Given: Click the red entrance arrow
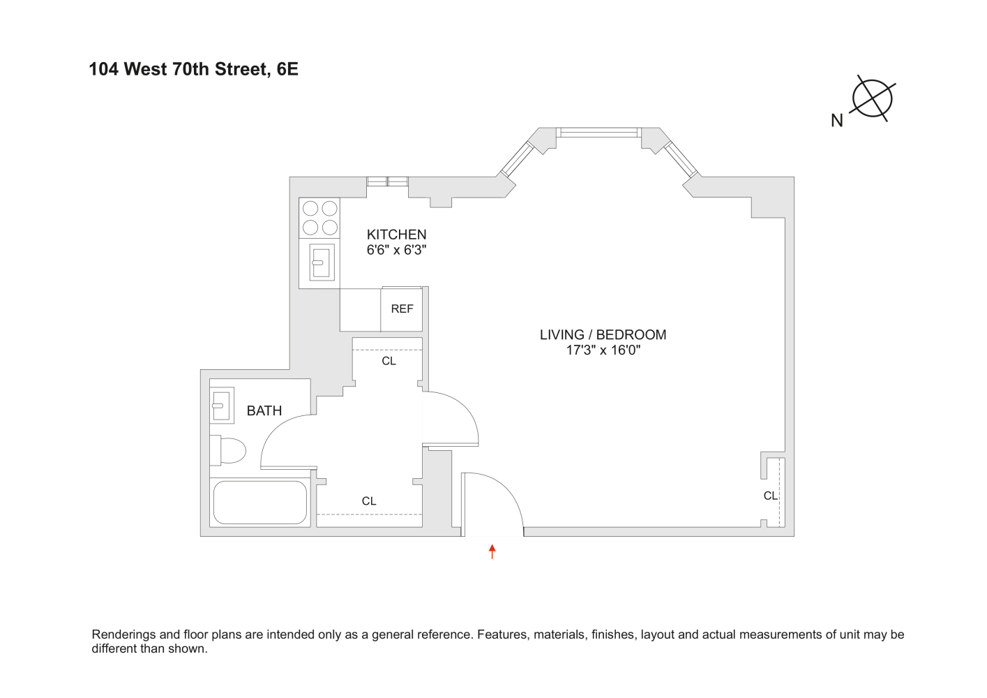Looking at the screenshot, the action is click(x=492, y=551).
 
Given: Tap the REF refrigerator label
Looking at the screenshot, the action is click(x=402, y=309).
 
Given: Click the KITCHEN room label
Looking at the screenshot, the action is click(x=396, y=235).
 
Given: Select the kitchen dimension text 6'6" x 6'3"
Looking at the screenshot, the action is click(x=396, y=250).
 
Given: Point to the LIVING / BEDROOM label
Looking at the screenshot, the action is click(x=603, y=334).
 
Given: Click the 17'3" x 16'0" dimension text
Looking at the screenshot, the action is click(x=603, y=350).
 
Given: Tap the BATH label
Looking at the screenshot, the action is click(x=264, y=410).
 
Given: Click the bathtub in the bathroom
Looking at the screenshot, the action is click(x=259, y=503).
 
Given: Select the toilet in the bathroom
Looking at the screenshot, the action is click(x=229, y=450).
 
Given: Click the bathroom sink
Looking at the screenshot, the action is click(x=221, y=405).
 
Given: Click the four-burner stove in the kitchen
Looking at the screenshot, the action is click(x=319, y=218).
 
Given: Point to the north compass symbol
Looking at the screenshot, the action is click(x=873, y=98).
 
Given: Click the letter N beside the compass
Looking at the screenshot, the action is click(x=837, y=121).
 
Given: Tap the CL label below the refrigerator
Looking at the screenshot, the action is click(x=389, y=361).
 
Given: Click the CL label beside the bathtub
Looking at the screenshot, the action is click(x=369, y=501).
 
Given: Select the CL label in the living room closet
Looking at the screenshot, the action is click(x=770, y=496).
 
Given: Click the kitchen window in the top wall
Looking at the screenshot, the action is click(x=388, y=181).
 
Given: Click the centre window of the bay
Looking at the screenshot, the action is click(x=598, y=132).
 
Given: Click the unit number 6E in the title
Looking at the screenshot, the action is click(x=287, y=69).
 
